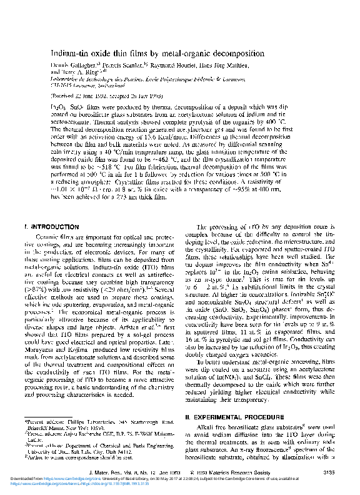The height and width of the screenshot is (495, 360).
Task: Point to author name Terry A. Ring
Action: (x=81, y=72)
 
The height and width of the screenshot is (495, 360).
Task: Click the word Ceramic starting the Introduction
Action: (x=53, y=237)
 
